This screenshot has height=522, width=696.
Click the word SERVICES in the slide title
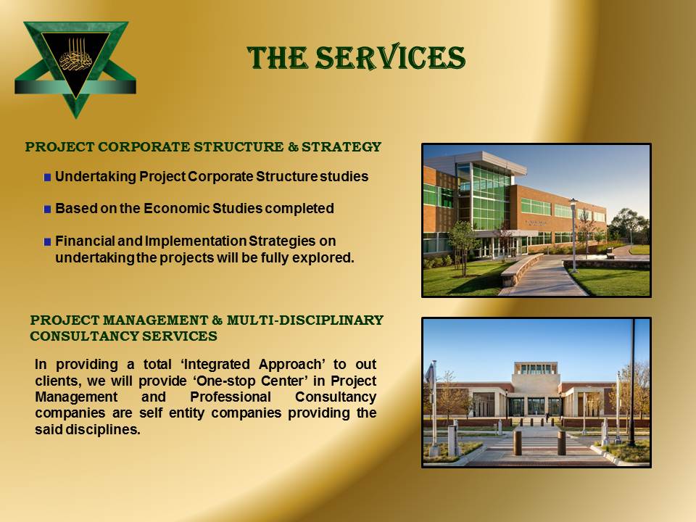pos(390,58)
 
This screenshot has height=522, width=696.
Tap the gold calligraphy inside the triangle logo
pos(76,57)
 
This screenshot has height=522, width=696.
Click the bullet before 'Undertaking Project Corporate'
pos(48,178)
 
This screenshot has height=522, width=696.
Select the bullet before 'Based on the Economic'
pos(48,209)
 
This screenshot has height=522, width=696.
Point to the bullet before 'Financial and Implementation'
pos(48,242)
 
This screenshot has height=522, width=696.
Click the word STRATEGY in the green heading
pos(341,147)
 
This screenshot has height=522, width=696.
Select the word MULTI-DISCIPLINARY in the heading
pos(305,320)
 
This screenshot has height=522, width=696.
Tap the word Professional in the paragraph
pos(231,397)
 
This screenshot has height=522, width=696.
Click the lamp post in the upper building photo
pos(574,234)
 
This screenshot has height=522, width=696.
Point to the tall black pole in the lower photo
pos(632,382)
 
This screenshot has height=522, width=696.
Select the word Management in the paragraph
pos(76,397)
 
